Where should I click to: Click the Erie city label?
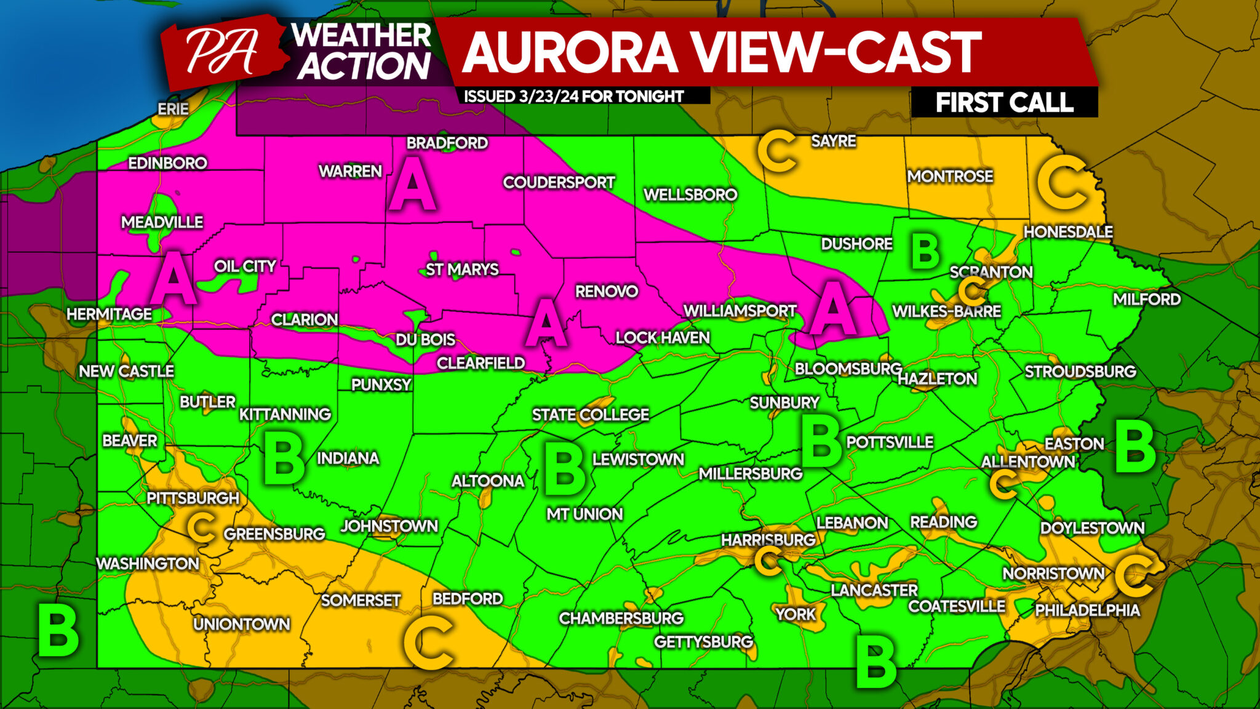pos(173,109)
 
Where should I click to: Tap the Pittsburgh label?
pos(193,498)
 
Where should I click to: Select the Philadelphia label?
pos(1087,610)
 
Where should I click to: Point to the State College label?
pos(590,415)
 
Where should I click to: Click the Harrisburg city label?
pos(768,540)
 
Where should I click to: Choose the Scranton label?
pos(991,272)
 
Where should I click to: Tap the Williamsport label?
pos(740,311)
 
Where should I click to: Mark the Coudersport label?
pos(559,182)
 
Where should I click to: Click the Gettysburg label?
pos(703,642)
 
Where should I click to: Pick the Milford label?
pos(1147,300)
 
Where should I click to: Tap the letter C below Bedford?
pos(429,643)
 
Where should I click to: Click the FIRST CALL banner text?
pos(1004,102)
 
